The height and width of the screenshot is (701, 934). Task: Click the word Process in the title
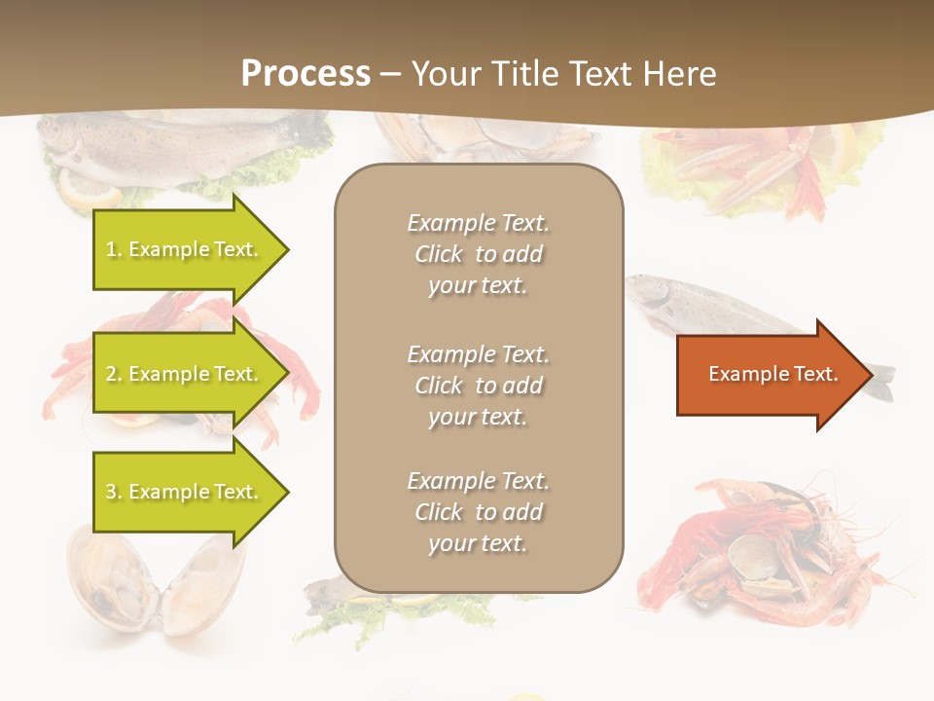(x=305, y=74)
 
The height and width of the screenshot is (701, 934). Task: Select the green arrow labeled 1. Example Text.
(x=183, y=249)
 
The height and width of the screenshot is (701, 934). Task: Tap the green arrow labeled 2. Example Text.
(x=183, y=374)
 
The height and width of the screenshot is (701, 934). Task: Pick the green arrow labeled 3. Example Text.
(x=183, y=492)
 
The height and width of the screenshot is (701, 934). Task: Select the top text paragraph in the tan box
(x=478, y=254)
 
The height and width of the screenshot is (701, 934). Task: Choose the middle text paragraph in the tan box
(x=478, y=386)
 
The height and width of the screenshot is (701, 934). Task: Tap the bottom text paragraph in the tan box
(x=478, y=512)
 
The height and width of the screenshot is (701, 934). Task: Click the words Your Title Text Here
(x=564, y=74)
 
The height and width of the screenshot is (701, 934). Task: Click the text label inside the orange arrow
(x=772, y=374)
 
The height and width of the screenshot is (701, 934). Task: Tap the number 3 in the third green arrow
(x=111, y=492)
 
